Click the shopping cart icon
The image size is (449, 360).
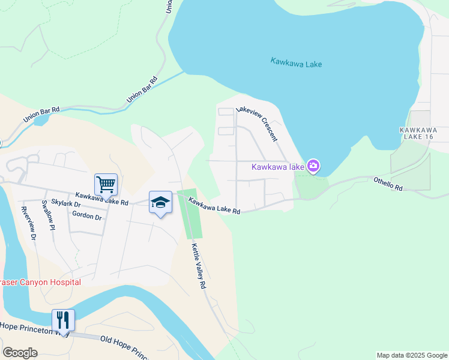[x=106, y=184]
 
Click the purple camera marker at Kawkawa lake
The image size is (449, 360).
[x=313, y=166]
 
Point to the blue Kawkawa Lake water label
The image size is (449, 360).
[x=296, y=62]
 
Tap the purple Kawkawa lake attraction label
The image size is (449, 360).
[x=277, y=167]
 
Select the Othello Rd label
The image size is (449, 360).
[x=388, y=183]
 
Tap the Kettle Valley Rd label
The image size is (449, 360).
[x=199, y=266]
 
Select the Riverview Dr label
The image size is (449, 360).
[x=28, y=224]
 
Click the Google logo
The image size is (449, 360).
[x=20, y=353]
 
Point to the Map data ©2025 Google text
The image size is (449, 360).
[x=412, y=355]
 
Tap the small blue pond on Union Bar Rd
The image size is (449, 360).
[x=41, y=120]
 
